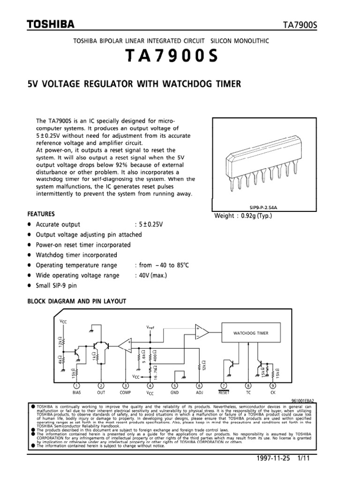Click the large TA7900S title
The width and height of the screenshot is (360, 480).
pyautogui.click(x=172, y=57)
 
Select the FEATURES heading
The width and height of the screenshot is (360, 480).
pyautogui.click(x=41, y=213)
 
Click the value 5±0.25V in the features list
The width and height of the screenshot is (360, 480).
pyautogui.click(x=149, y=225)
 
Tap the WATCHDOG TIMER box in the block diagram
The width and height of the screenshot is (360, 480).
pyautogui.click(x=251, y=333)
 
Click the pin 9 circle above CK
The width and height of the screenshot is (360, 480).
pyautogui.click(x=272, y=386)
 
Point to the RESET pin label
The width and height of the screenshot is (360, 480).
pyautogui.click(x=224, y=393)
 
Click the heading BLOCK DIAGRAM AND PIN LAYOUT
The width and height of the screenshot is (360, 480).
pyautogui.click(x=77, y=301)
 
